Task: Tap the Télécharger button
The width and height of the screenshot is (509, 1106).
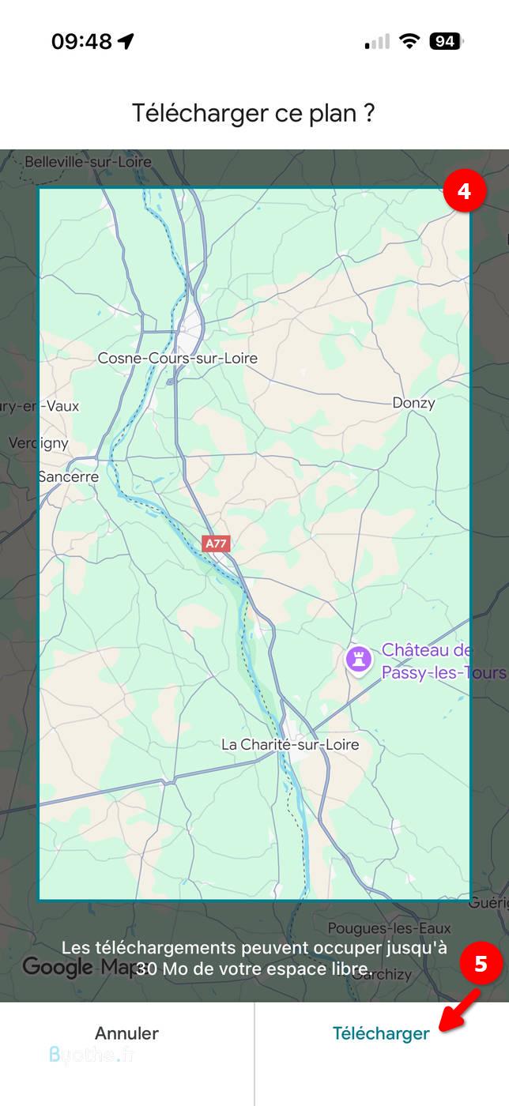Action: [x=381, y=1033]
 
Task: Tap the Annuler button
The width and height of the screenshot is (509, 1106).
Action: [x=126, y=1033]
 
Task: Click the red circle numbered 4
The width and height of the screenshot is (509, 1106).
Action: [x=464, y=192]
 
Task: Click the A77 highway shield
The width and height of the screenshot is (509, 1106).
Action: [x=216, y=544]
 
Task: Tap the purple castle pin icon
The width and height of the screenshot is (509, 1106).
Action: [x=358, y=660]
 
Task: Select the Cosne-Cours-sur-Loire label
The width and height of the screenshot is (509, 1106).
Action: [x=177, y=359]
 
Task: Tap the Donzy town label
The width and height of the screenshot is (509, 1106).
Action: [x=413, y=403]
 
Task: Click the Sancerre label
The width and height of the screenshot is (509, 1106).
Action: [x=69, y=476]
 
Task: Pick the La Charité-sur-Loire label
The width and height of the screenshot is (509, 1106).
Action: [x=289, y=744]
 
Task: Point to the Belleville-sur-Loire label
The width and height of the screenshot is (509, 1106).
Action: [x=87, y=162]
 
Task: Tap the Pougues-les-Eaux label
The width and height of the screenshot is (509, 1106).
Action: [x=389, y=928]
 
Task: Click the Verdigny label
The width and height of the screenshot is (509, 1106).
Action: [x=38, y=443]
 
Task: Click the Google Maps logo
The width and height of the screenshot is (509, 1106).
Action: [x=71, y=966]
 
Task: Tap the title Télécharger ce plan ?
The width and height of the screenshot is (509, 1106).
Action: [x=253, y=113]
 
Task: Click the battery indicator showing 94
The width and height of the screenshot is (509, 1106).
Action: [x=446, y=41]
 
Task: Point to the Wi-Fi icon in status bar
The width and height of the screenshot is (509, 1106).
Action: [x=409, y=41]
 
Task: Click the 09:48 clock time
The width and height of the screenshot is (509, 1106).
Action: [x=82, y=41]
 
